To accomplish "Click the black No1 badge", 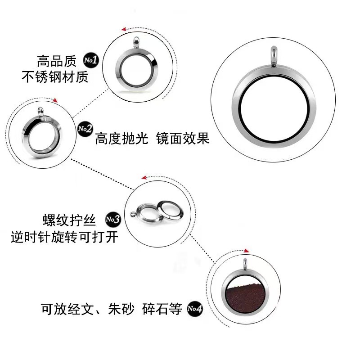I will click(91, 60).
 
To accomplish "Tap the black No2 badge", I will click(85, 129).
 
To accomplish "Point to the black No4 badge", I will click(195, 309).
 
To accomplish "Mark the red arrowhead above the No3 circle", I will click(143, 179).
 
